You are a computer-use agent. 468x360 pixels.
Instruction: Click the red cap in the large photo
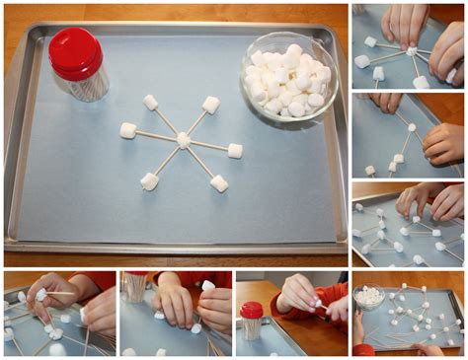(x=76, y=52)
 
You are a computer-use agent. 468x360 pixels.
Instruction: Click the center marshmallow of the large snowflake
(x=183, y=140)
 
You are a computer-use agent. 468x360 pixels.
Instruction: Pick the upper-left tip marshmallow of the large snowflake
(x=150, y=102)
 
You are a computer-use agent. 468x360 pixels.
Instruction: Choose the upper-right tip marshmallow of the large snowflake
(x=210, y=104)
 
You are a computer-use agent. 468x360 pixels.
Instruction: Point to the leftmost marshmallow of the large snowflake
(x=128, y=130)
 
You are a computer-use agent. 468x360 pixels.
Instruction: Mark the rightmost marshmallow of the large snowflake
(x=235, y=151)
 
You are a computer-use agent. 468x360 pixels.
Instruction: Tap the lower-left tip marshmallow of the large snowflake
(x=149, y=180)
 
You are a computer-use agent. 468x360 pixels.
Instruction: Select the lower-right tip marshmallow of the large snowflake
(x=219, y=183)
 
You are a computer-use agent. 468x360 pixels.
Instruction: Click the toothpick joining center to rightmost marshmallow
(x=208, y=146)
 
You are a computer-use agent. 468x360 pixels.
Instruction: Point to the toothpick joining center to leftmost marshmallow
(x=156, y=135)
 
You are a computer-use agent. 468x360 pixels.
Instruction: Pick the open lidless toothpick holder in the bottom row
(x=134, y=287)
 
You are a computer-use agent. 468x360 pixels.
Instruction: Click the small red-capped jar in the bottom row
(x=252, y=322)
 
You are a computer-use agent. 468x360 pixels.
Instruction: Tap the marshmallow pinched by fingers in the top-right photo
(x=412, y=49)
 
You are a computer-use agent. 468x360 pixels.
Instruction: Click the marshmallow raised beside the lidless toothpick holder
(x=208, y=286)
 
